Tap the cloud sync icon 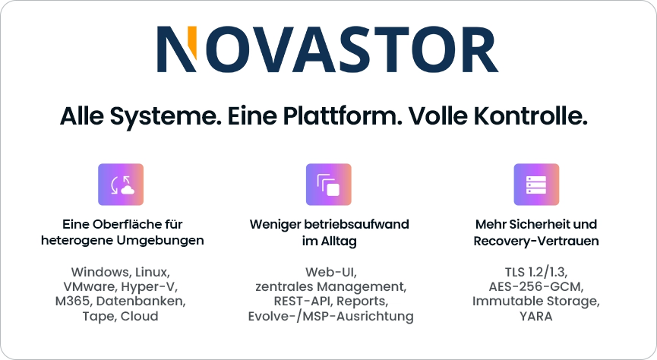(121, 185)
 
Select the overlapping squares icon (328, 185)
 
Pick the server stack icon (536, 185)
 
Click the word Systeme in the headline (166, 116)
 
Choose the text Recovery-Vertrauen (536, 242)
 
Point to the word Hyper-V (150, 287)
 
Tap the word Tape (99, 317)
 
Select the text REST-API (303, 302)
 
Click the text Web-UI (331, 273)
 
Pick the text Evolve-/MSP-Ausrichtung (330, 317)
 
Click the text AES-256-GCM (536, 286)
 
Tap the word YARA (536, 316)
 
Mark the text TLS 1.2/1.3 (536, 273)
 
